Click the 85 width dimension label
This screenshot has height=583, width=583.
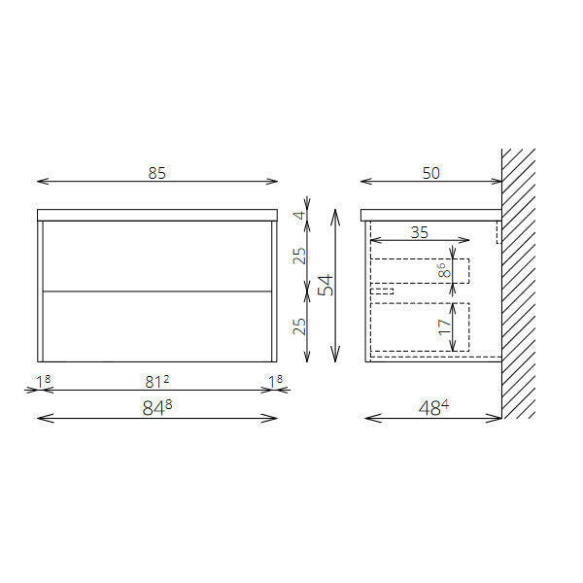coord(156,173)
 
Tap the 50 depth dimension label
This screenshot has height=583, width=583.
coord(430,173)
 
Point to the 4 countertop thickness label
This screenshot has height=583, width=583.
coord(300,215)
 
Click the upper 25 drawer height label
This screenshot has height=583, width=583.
coord(299,256)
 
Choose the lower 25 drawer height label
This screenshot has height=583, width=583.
coord(299,326)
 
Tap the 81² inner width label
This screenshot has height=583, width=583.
coord(156,381)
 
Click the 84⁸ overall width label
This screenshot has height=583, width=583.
coord(156,408)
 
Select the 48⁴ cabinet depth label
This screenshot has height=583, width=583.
coord(433,408)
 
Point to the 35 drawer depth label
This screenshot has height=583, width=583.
coord(420,233)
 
